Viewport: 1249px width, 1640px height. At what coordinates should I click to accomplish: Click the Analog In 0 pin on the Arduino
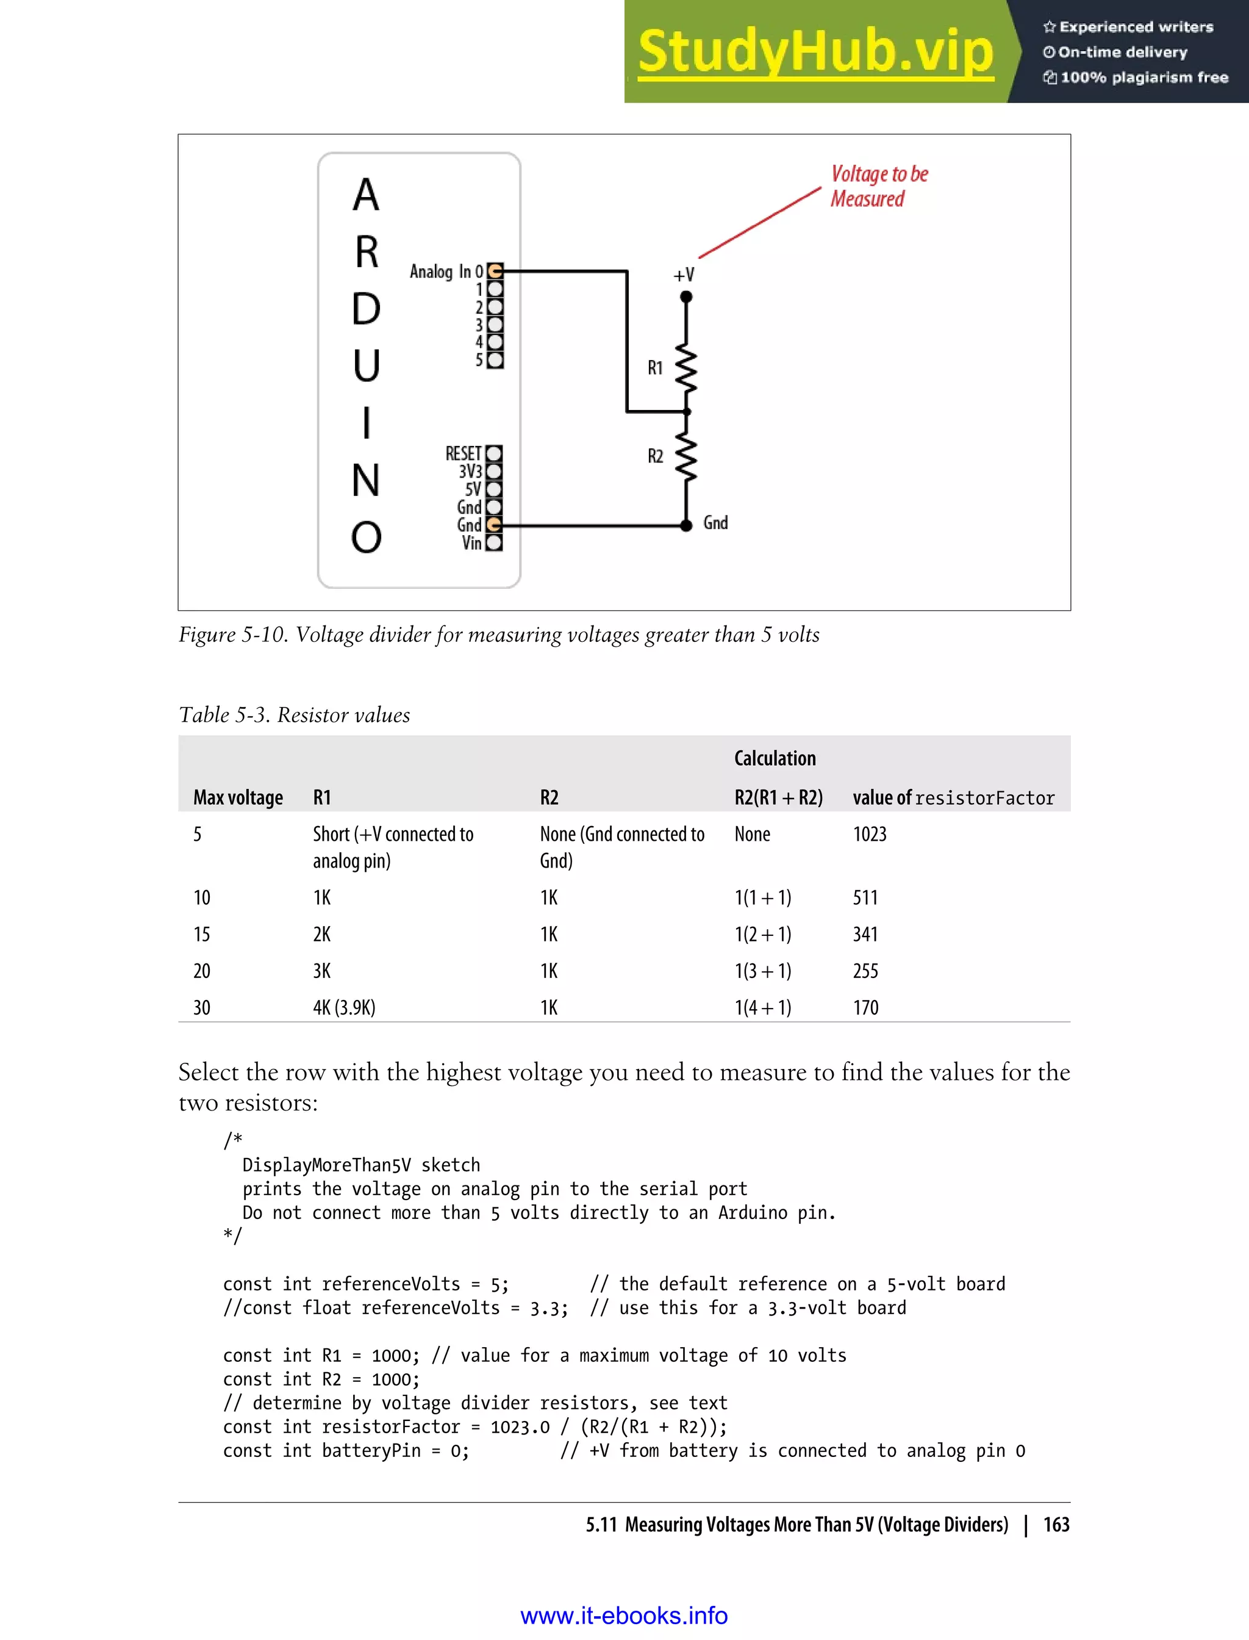tap(495, 272)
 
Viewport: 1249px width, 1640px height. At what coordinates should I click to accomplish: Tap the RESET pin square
tap(493, 453)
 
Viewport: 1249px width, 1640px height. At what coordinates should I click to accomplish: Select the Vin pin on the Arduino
tap(493, 543)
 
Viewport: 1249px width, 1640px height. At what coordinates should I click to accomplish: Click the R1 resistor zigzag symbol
tap(686, 368)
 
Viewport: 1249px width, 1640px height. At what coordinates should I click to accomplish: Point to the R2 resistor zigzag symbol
tap(686, 456)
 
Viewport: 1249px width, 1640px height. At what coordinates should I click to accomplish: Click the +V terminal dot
tap(686, 297)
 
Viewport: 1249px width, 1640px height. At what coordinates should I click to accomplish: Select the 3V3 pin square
tap(493, 471)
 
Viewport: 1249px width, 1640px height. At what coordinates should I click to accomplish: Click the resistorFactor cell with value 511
tap(865, 897)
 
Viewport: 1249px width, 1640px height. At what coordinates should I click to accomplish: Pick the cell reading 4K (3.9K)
tap(344, 1008)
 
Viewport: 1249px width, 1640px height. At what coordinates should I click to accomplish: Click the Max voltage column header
tap(238, 797)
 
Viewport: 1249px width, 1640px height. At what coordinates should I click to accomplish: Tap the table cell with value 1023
tap(870, 834)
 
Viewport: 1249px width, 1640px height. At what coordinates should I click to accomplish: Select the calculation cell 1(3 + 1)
tap(763, 971)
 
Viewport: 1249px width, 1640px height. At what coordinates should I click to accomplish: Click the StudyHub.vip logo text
tap(815, 52)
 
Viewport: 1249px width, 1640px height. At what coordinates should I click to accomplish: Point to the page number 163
tap(1056, 1525)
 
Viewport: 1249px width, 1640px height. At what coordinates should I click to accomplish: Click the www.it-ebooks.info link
tap(624, 1616)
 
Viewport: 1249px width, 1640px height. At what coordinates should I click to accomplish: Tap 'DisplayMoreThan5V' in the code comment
tap(326, 1165)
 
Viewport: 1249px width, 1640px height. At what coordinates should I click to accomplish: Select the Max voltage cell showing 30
tap(201, 1008)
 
